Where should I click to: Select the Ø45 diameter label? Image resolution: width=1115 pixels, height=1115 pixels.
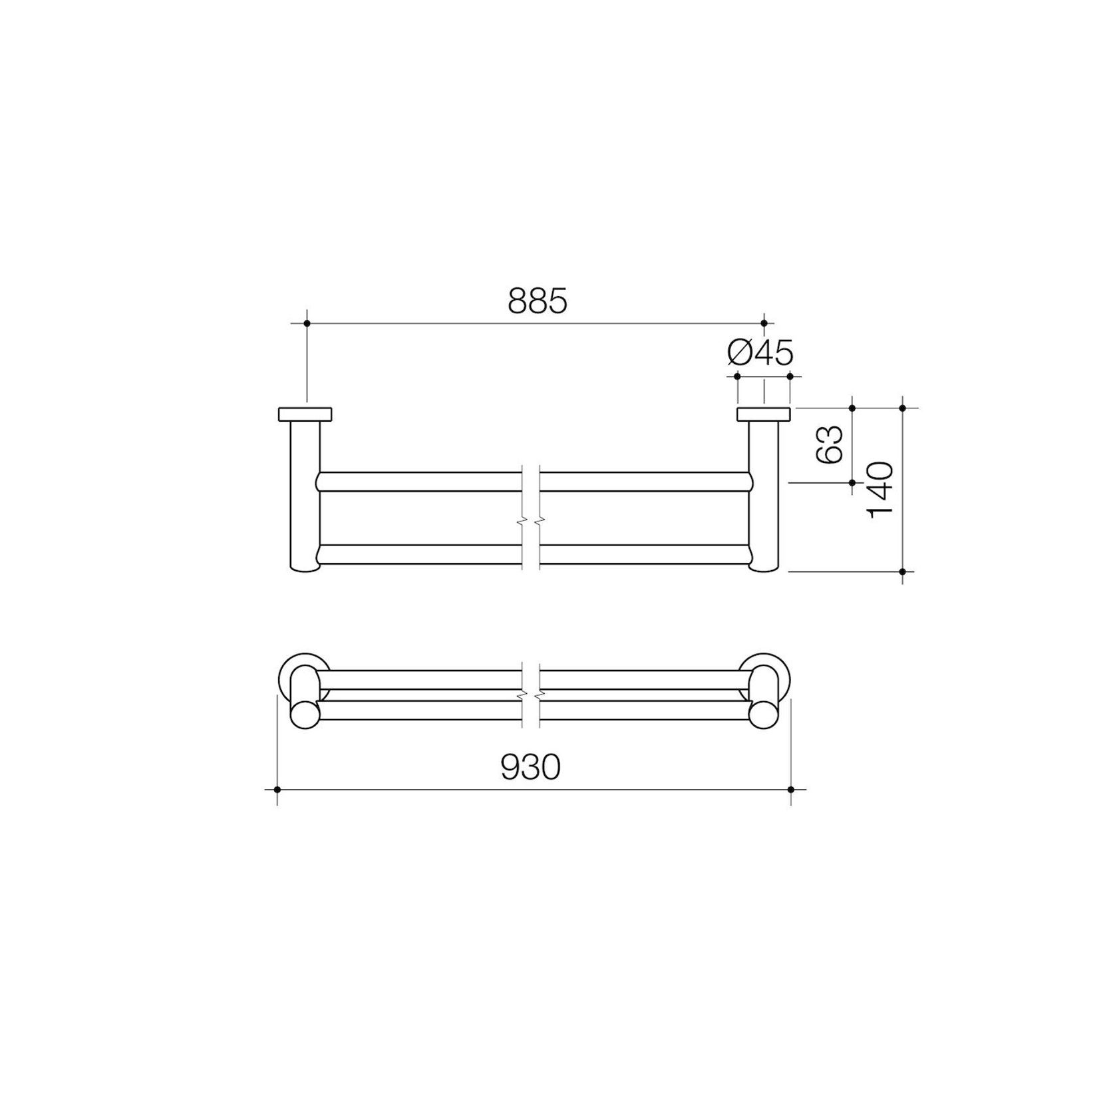(760, 353)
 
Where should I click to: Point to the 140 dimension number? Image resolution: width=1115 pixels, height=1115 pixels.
(879, 490)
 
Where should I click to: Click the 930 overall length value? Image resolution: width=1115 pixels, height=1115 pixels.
(531, 768)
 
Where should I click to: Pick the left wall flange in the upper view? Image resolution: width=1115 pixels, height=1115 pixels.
(305, 414)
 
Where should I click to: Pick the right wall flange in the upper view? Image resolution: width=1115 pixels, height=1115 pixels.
(763, 414)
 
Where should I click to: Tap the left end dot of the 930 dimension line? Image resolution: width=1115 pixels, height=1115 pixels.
(277, 790)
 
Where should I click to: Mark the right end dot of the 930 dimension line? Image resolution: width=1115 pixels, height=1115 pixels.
(791, 790)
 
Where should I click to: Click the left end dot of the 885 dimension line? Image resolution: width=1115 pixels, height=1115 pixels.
(307, 323)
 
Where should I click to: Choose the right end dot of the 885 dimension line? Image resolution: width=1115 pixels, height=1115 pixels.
(764, 323)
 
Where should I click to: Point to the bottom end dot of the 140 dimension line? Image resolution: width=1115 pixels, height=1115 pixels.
(903, 571)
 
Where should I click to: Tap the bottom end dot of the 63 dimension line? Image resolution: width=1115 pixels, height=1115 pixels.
(853, 482)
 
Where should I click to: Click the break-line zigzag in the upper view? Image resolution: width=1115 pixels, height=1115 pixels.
(531, 518)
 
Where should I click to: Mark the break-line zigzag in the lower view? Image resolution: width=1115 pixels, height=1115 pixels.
(531, 695)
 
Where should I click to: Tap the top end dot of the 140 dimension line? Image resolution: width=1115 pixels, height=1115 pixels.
(903, 407)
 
